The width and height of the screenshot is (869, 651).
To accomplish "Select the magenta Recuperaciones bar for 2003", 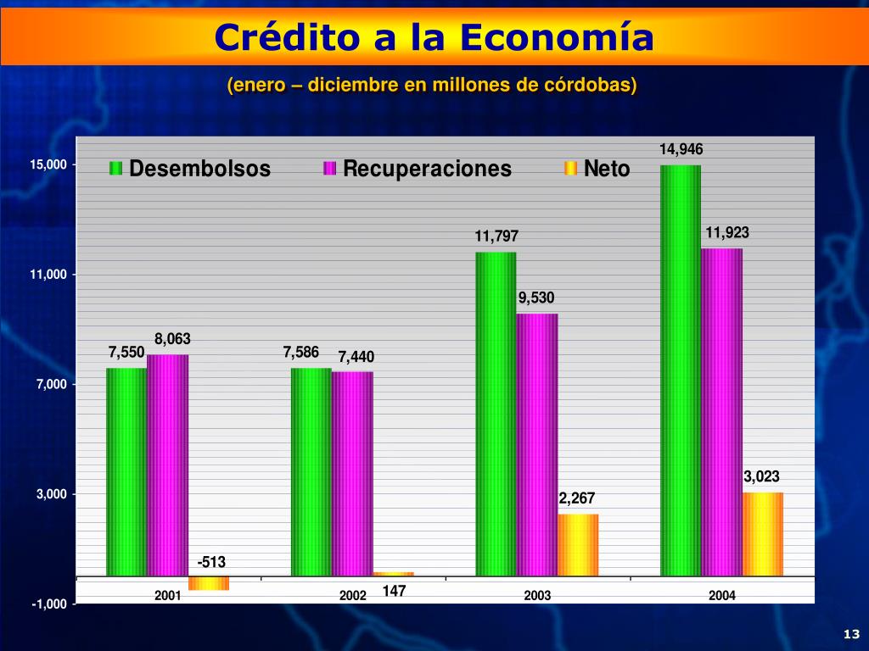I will point(537,444).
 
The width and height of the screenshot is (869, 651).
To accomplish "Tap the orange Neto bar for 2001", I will point(209,582).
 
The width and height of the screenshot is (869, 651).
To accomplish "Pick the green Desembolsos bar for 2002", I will point(311,471).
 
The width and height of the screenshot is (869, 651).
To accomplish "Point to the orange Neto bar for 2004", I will point(763,534).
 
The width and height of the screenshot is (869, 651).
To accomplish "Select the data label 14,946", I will point(681,149).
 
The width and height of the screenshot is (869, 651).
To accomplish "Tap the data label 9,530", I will point(536,298).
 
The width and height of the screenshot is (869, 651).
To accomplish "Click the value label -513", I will point(211,562).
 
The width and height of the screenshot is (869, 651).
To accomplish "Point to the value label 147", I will point(395,591).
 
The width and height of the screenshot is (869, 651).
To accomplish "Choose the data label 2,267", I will point(577,498).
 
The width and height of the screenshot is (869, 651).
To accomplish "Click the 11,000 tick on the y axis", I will point(48,275).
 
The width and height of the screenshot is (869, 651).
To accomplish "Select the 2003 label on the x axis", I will point(537,595).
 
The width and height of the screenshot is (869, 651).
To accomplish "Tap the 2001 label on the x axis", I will point(168,595).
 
